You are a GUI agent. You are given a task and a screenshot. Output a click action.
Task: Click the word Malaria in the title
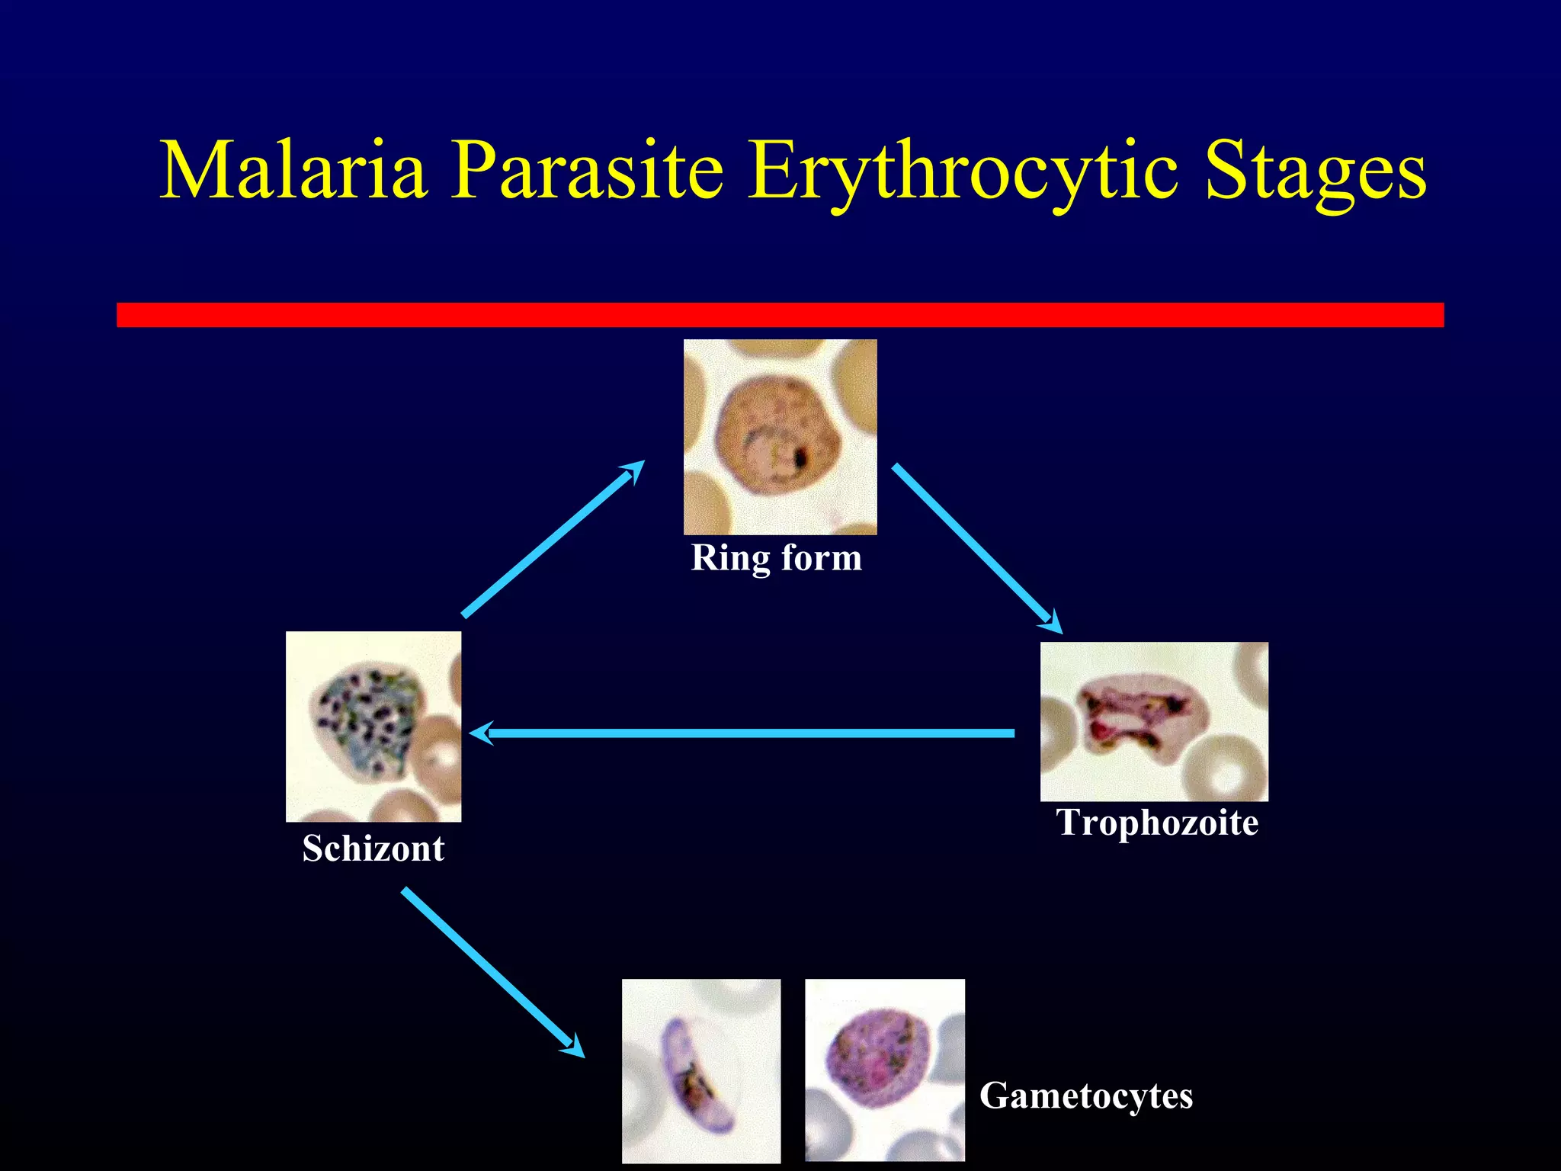[293, 171]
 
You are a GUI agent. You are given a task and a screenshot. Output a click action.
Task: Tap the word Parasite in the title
[587, 171]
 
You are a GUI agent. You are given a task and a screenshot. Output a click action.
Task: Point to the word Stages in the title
[1316, 172]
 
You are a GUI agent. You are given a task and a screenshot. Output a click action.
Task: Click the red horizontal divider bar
[780, 315]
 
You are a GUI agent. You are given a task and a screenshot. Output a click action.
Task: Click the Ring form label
[776, 558]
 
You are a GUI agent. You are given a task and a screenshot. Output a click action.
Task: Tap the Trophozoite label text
[1157, 823]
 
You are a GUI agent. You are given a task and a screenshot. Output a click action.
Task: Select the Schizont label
[373, 849]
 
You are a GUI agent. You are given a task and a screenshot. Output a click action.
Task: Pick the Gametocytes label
[1085, 1096]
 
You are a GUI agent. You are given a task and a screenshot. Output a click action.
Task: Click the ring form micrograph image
[780, 437]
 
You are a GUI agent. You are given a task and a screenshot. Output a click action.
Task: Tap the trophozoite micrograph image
[1154, 721]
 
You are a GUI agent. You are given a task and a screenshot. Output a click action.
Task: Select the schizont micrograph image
[373, 726]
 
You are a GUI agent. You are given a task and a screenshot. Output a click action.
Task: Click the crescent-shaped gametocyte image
[700, 1070]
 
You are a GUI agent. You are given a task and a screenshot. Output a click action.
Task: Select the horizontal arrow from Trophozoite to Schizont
[747, 733]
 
